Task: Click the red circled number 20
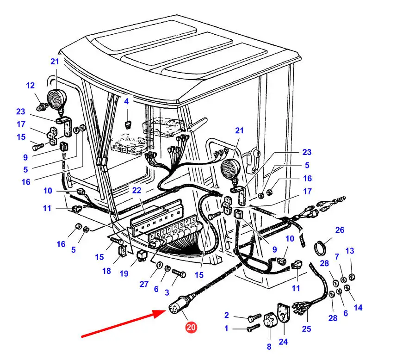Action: pyautogui.click(x=191, y=328)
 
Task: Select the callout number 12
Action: pyautogui.click(x=30, y=86)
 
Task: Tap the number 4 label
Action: pyautogui.click(x=126, y=100)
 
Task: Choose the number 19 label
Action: pyautogui.click(x=124, y=273)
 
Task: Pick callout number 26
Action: pyautogui.click(x=340, y=230)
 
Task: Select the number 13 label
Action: pyautogui.click(x=350, y=251)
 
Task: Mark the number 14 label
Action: pyautogui.click(x=359, y=307)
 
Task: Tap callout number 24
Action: pyautogui.click(x=283, y=342)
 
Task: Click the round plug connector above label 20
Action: pyautogui.click(x=177, y=308)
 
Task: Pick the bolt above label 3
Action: pyautogui.click(x=179, y=275)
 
